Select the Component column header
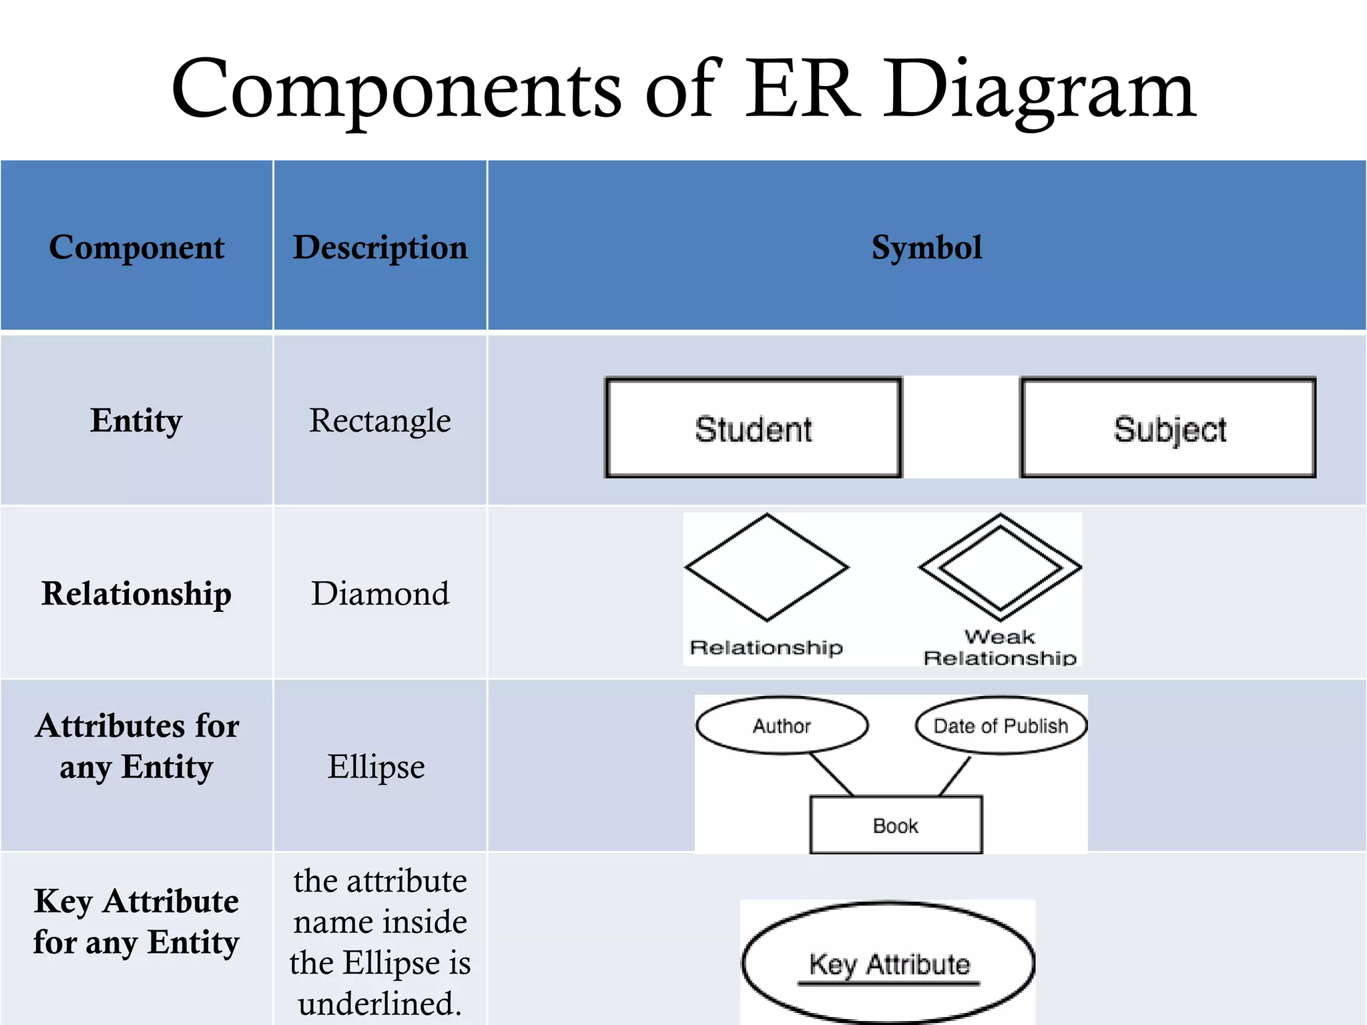[136, 248]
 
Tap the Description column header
[380, 248]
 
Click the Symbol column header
[926, 248]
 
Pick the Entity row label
[136, 420]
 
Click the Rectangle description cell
[380, 420]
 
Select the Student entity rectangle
[754, 428]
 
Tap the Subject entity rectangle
[1169, 428]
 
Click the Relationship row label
[136, 593]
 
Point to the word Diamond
[380, 593]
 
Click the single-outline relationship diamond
[767, 567]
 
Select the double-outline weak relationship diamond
[1000, 567]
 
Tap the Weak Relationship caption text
[1000, 647]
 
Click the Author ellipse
[782, 725]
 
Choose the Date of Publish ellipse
[1001, 725]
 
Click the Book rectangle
[896, 825]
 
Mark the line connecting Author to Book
[832, 775]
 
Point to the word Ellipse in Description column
[376, 766]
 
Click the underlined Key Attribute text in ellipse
[889, 965]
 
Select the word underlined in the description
[380, 1004]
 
